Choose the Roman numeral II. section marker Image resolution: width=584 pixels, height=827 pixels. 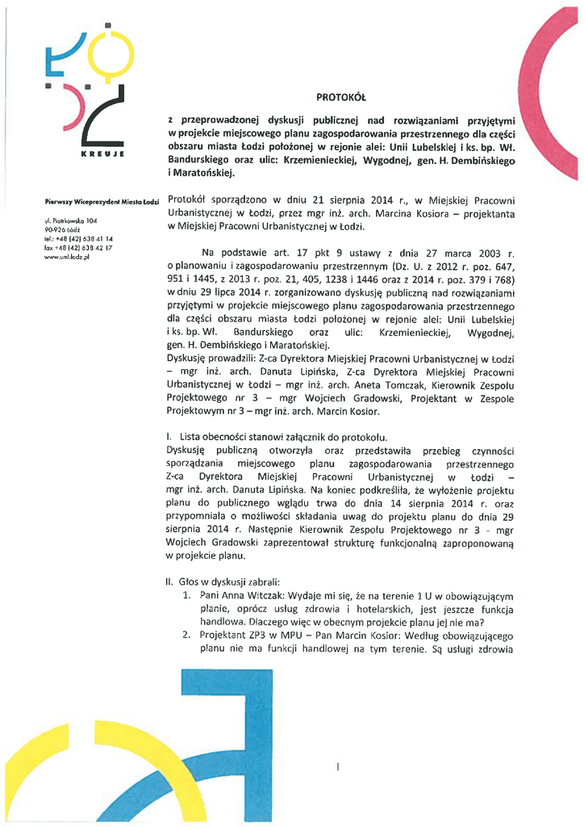click(169, 581)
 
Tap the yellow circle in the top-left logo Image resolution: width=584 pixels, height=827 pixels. click(103, 53)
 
